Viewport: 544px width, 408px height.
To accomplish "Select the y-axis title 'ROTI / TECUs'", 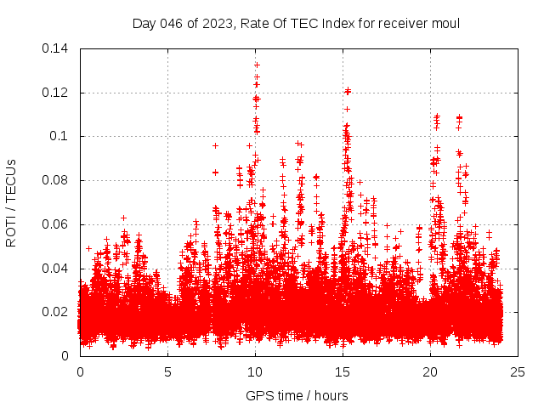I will click(x=12, y=202).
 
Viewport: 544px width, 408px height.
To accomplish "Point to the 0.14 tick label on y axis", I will click(x=57, y=48).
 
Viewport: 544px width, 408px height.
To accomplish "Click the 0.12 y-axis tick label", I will click(x=57, y=93).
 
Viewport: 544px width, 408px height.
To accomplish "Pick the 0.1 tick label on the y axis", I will click(x=61, y=136).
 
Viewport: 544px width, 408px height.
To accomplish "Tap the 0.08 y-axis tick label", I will click(x=57, y=180).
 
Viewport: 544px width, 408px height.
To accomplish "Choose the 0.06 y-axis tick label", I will click(x=57, y=224).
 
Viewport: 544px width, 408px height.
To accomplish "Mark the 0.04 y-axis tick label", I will click(x=57, y=269).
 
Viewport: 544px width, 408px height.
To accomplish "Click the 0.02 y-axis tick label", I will click(x=57, y=312).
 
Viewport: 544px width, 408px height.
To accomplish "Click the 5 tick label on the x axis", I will click(x=167, y=372).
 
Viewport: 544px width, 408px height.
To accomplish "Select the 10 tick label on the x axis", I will click(x=255, y=372).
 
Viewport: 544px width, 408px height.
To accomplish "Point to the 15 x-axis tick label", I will click(x=343, y=372).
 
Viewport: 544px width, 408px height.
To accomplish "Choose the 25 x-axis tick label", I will click(x=518, y=372).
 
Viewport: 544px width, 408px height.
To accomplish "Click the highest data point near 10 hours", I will click(x=257, y=65).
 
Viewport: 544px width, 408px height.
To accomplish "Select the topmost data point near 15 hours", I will click(x=347, y=90).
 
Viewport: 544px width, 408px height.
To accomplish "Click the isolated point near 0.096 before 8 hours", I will click(x=215, y=145).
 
